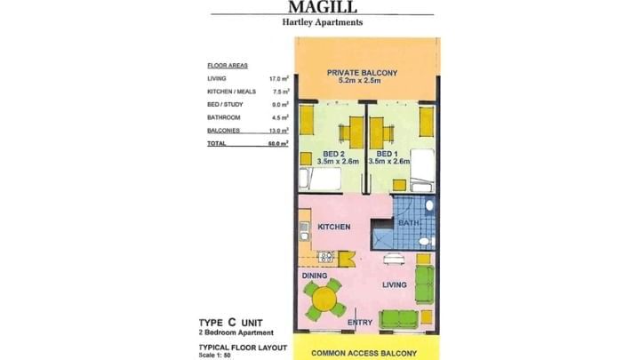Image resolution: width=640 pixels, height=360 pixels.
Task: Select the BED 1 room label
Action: coord(388,153)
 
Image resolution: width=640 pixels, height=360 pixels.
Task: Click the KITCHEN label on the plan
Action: coord(332,228)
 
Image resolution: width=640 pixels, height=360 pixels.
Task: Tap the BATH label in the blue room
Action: coord(409,223)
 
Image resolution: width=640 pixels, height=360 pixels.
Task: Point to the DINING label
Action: coord(315,276)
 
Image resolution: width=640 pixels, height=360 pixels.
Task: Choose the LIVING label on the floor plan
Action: coord(395,285)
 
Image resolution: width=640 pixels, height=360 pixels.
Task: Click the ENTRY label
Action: coord(359,323)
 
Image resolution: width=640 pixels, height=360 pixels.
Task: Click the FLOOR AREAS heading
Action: coord(227,66)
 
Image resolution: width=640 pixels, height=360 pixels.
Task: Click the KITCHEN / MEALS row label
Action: coord(228,91)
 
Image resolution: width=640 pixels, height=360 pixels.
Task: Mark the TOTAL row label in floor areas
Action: coord(216,142)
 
